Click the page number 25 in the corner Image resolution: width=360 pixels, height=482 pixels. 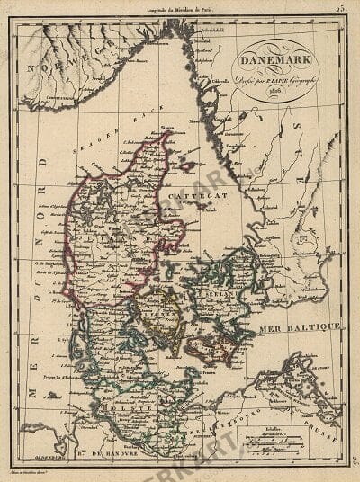[x=341, y=9]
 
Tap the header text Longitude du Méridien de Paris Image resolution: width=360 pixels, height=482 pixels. [x=176, y=9]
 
